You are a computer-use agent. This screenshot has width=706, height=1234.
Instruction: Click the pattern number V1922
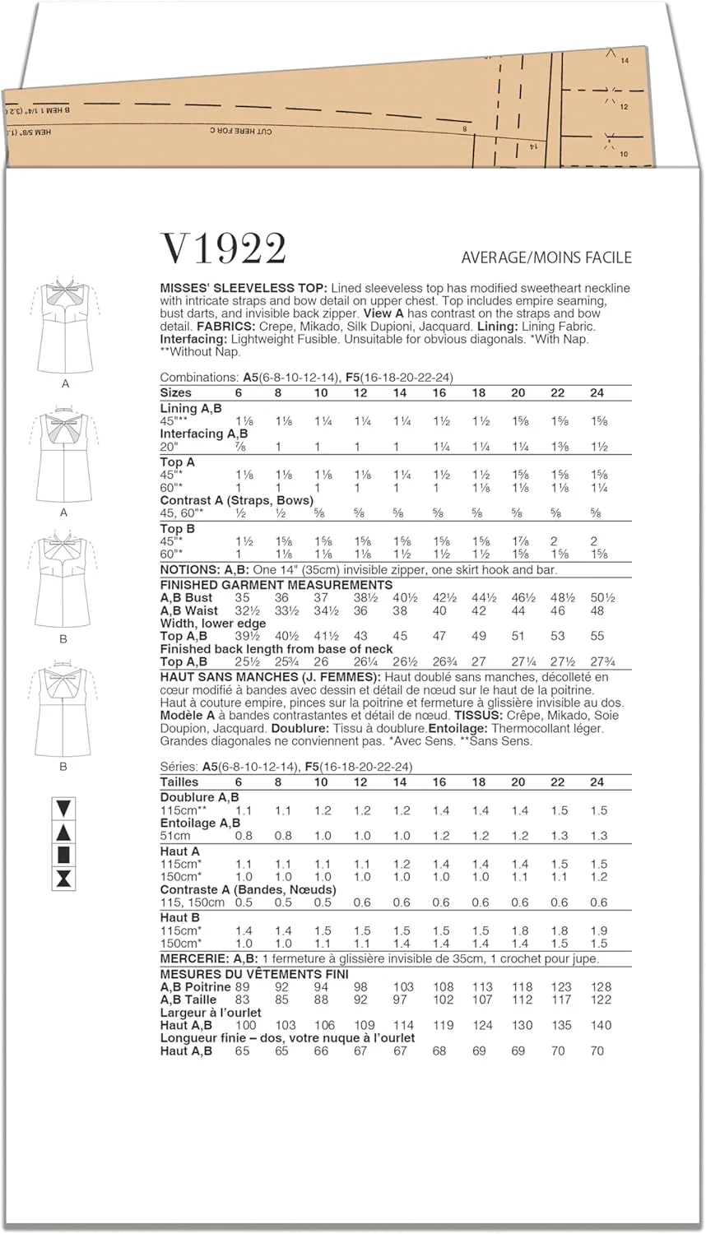[224, 248]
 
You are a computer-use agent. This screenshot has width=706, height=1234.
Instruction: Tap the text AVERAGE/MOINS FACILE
[546, 257]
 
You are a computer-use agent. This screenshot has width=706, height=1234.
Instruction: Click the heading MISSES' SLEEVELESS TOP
[244, 288]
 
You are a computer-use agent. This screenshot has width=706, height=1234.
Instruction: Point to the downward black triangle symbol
[63, 808]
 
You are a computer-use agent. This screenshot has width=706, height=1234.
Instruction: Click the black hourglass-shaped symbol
[63, 879]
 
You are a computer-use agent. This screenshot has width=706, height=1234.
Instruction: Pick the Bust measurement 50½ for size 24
[602, 598]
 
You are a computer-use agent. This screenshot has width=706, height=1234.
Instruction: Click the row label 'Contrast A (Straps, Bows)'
[237, 500]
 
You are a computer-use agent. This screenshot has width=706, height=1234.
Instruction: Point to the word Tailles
[179, 782]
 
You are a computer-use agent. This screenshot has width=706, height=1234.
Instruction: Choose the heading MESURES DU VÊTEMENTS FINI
[254, 974]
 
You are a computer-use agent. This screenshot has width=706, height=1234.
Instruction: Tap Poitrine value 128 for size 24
[601, 987]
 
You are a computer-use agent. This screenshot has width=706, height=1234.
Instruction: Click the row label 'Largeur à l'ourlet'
[211, 1013]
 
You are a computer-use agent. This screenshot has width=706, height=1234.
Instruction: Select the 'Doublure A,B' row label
[200, 797]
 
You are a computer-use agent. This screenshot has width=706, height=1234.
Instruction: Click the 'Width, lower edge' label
[213, 624]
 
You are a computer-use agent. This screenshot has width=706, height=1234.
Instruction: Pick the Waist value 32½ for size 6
[242, 611]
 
